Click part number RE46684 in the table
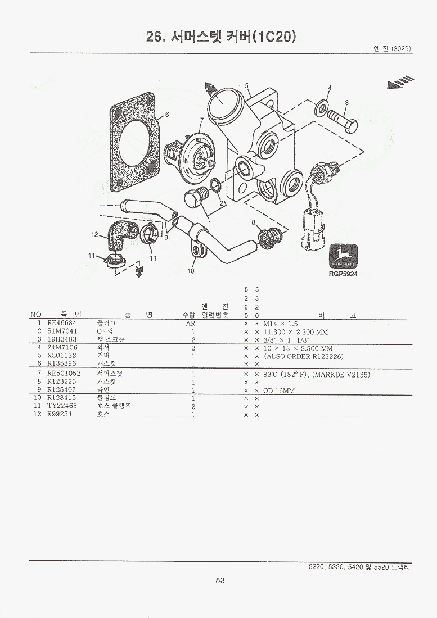tap(62, 324)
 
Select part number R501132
tap(61, 356)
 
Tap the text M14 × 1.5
tap(281, 324)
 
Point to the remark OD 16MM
tap(280, 390)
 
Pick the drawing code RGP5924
tap(343, 274)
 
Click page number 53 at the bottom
tap(220, 580)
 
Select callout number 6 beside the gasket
tap(166, 115)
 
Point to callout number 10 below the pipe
tap(191, 271)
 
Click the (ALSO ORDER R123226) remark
tap(304, 357)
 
